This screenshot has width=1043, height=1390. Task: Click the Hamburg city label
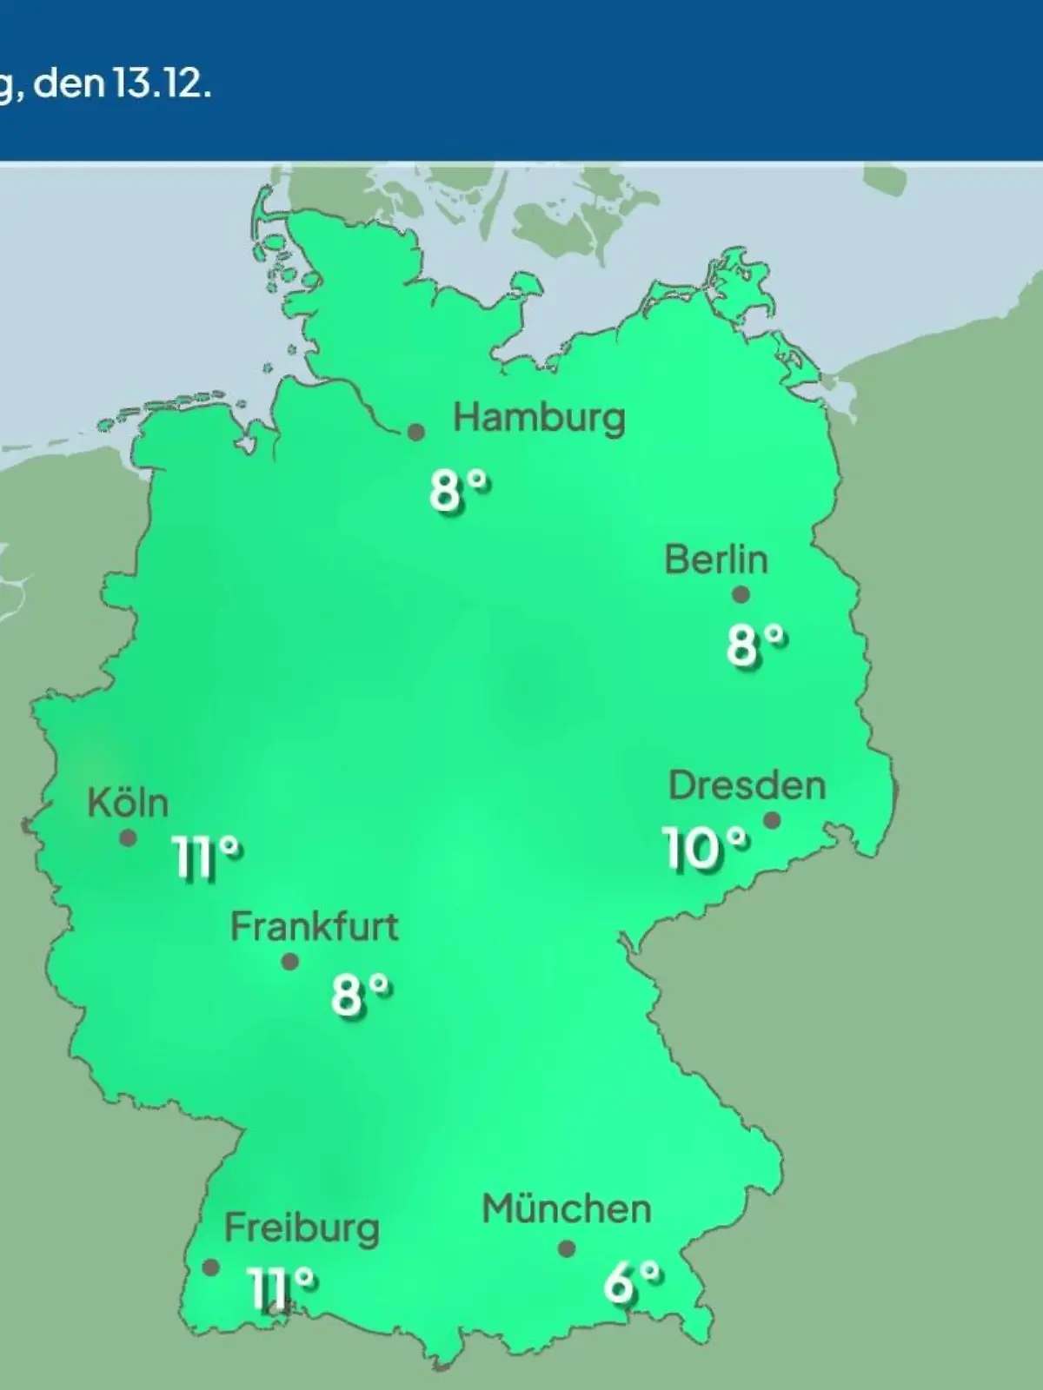coord(539,419)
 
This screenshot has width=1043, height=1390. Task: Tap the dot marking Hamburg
coord(417,432)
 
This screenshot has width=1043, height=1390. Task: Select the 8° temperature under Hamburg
coord(459,492)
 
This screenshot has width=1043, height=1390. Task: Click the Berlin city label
coord(716,559)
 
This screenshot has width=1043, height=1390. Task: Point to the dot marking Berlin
coord(741,595)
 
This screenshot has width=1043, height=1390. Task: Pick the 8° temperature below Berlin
coord(756,645)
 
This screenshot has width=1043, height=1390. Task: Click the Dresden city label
coord(747,786)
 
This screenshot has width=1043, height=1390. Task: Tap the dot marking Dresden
coord(771,820)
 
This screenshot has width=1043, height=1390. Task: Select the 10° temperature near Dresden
coord(705,849)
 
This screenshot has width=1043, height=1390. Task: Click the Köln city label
coord(128,804)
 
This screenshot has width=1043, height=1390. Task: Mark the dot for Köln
coord(128,838)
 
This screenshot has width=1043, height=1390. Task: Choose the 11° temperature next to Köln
coord(207,858)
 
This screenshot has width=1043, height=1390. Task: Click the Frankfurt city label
coord(314,927)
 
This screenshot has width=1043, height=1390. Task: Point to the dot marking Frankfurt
coord(290,962)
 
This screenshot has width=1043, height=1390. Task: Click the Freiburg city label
coord(302,1228)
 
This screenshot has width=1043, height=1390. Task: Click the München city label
coord(566,1209)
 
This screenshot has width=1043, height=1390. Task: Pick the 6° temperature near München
coord(632,1282)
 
